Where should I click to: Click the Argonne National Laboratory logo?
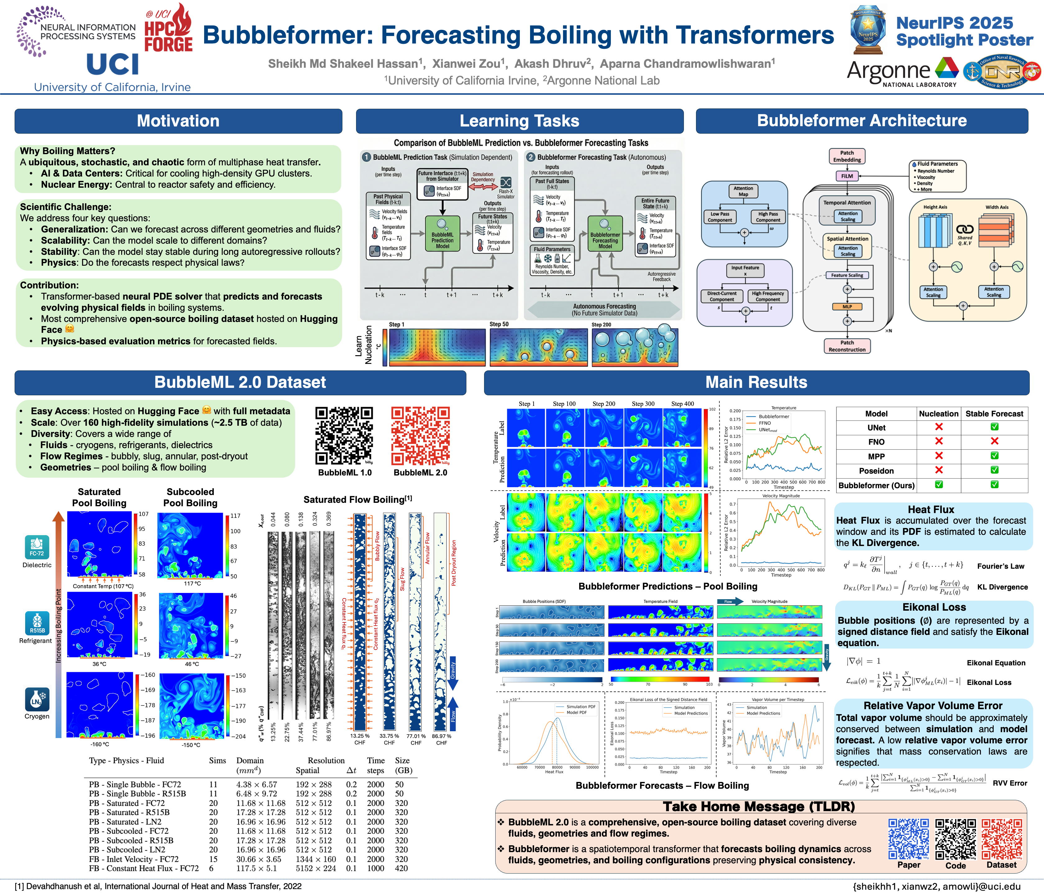(x=902, y=73)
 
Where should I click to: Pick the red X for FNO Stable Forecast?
(x=994, y=442)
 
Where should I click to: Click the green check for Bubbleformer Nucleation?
(x=939, y=485)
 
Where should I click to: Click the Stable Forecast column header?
(x=994, y=414)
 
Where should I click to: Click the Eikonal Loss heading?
(x=934, y=607)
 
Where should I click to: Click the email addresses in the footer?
(x=936, y=886)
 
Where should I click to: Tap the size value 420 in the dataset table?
(x=401, y=868)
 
